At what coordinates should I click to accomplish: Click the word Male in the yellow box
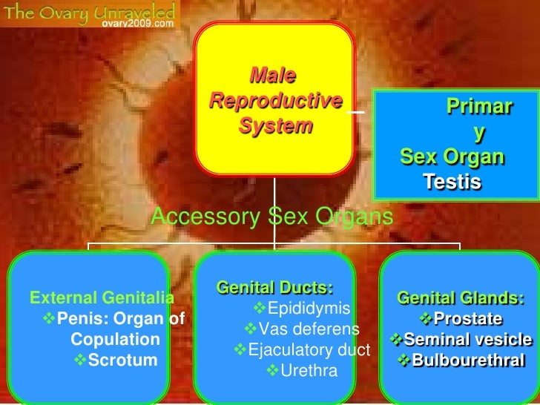click(273, 76)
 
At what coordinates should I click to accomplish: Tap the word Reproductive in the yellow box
click(275, 101)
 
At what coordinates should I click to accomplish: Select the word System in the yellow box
click(275, 126)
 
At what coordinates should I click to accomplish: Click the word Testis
click(452, 181)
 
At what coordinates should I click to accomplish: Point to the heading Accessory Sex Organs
click(271, 217)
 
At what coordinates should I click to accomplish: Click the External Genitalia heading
click(102, 299)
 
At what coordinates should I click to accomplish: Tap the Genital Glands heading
click(461, 299)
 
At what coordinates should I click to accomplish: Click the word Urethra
click(312, 369)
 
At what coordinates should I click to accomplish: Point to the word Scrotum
click(123, 361)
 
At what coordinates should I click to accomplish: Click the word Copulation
click(115, 340)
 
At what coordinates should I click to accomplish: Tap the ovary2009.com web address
click(139, 22)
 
